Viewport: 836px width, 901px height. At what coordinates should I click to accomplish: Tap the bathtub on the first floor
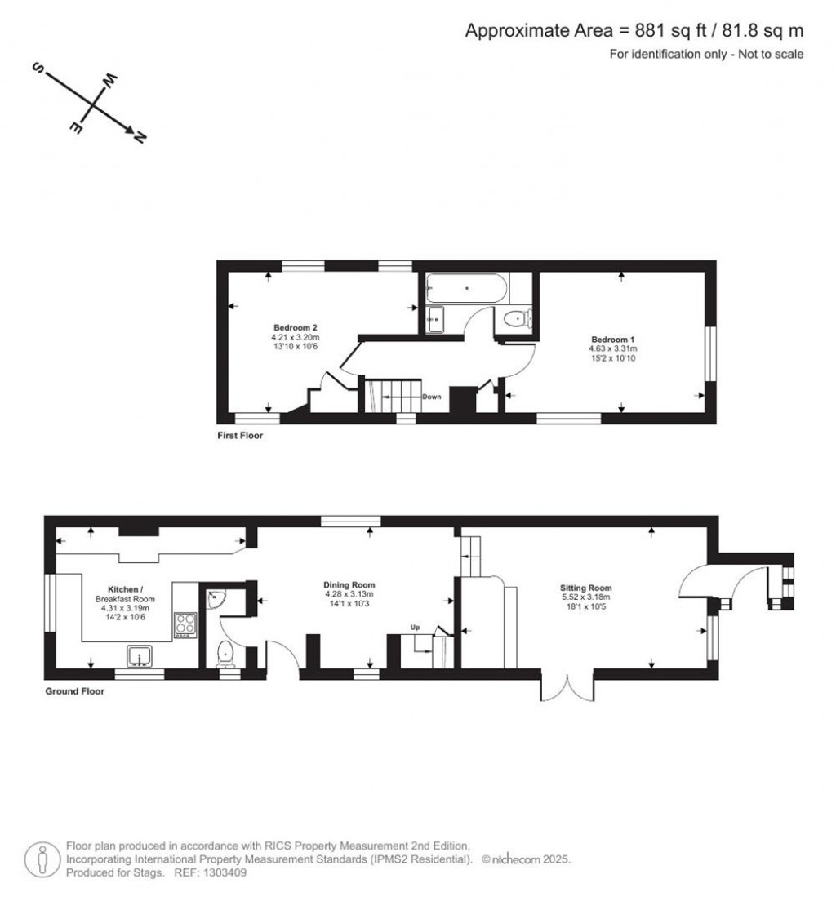466,288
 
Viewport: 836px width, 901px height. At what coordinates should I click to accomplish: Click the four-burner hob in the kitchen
185,625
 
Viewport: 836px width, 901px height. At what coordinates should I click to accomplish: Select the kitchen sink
140,655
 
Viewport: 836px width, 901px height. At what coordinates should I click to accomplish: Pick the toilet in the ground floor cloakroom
225,655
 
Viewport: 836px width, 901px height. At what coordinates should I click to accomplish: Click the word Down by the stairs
432,397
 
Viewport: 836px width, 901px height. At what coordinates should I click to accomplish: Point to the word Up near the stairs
415,627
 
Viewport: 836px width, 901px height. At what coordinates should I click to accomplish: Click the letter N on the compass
140,137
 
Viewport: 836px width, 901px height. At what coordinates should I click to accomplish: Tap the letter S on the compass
38,69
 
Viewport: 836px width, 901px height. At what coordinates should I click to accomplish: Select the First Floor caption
240,436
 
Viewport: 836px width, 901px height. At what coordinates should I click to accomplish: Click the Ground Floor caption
75,691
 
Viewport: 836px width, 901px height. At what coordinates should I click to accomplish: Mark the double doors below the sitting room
567,688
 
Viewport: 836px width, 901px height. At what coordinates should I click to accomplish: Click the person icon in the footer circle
42,860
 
